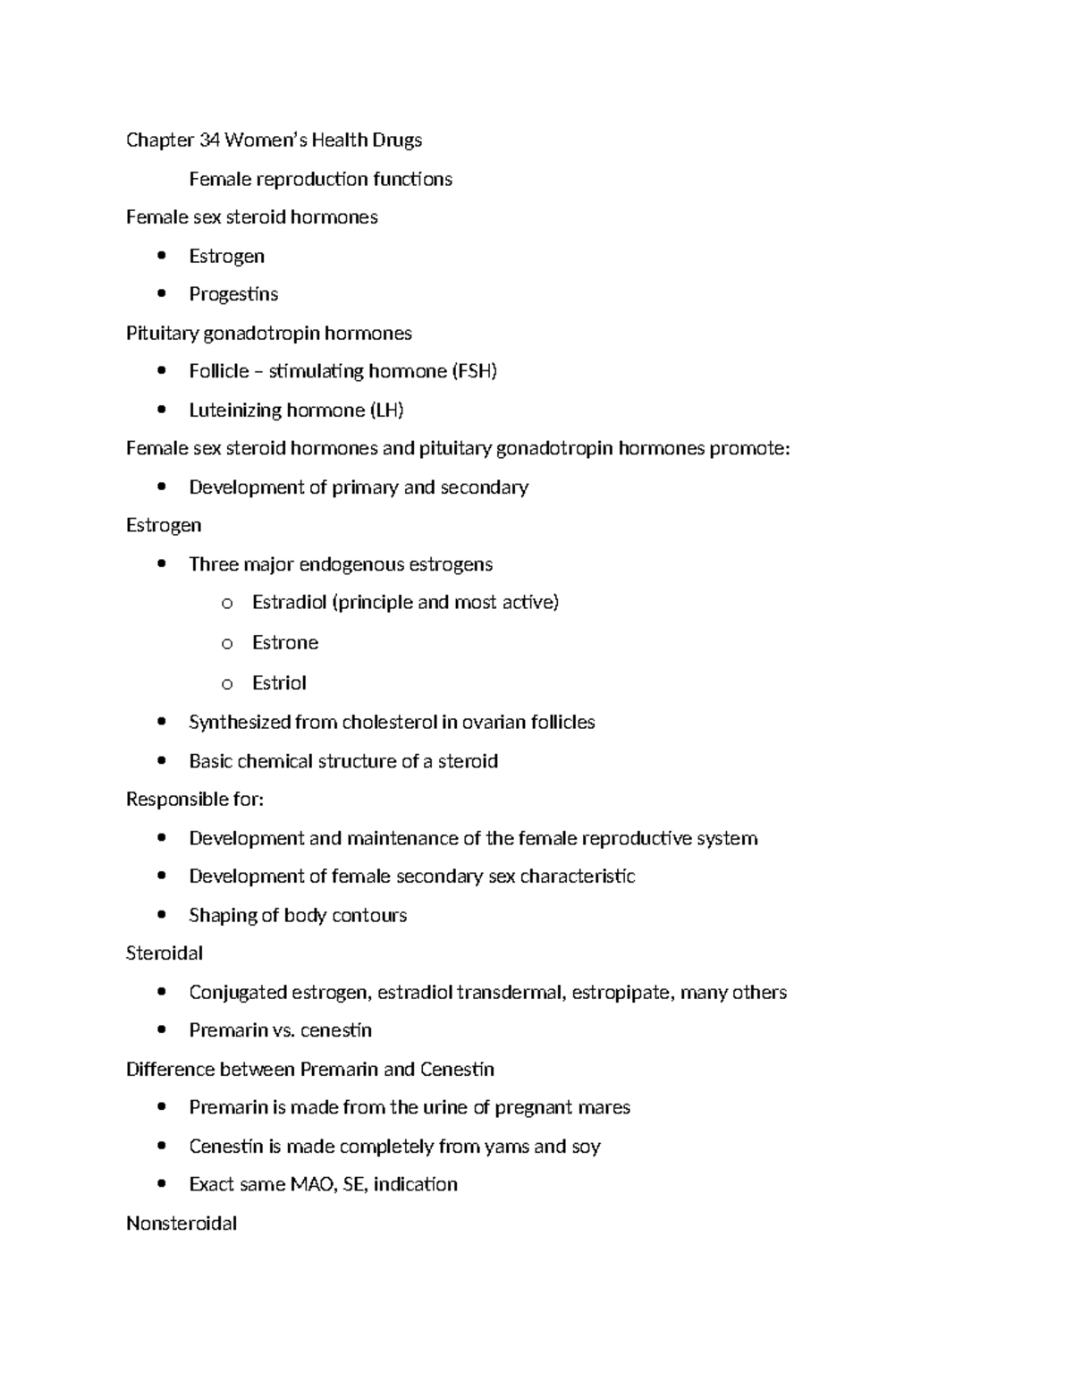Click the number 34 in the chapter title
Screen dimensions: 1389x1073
click(209, 140)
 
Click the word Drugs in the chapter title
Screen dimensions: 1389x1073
click(397, 140)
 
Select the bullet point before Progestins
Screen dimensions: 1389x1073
click(161, 293)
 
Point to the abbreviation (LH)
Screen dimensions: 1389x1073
click(386, 411)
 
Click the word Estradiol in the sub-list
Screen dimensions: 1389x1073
click(289, 602)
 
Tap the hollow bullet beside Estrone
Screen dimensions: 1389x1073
click(227, 643)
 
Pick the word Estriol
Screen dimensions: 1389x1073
click(279, 683)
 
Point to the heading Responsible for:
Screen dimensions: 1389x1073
click(195, 799)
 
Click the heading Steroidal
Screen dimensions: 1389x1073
click(165, 953)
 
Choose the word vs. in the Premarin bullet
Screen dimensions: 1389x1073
click(284, 1030)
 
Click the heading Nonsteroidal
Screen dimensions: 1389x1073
click(182, 1224)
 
